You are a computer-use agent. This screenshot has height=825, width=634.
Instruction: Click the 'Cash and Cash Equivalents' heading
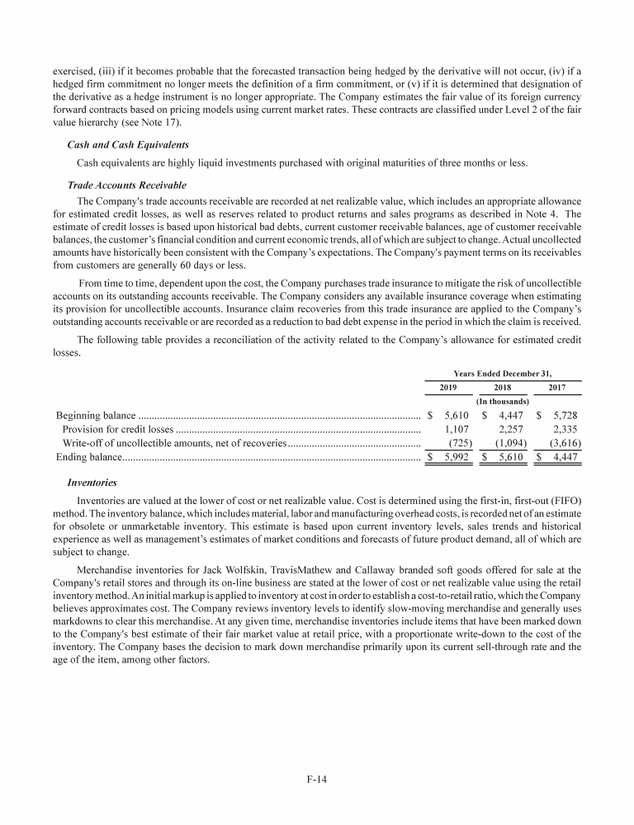point(127,144)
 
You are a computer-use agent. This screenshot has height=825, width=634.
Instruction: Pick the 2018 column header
point(502,388)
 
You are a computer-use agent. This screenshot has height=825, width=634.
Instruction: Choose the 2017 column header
point(558,388)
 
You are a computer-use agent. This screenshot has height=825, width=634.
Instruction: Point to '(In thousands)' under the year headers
point(503,401)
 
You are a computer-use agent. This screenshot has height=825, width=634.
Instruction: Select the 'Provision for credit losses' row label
point(117,429)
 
